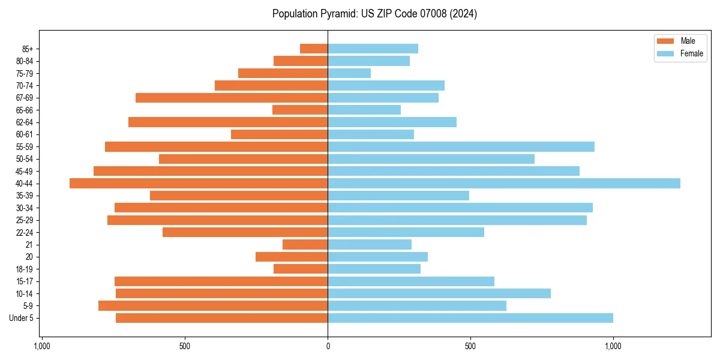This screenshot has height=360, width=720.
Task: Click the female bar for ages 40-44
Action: click(x=504, y=183)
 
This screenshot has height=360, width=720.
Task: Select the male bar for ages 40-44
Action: click(x=199, y=183)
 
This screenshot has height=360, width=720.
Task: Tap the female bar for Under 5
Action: click(x=470, y=318)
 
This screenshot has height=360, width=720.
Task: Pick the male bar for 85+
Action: click(x=314, y=49)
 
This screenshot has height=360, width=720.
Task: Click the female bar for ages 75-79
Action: click(x=349, y=73)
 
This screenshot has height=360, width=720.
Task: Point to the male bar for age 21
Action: click(x=305, y=245)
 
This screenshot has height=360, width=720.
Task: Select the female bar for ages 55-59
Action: click(x=461, y=146)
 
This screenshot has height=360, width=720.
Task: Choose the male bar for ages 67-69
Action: click(x=232, y=98)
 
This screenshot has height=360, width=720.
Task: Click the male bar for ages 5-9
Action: click(x=213, y=306)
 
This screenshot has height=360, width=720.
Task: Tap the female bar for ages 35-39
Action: click(x=398, y=196)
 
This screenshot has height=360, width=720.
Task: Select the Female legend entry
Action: click(x=680, y=53)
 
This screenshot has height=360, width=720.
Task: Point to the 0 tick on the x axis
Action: click(x=328, y=346)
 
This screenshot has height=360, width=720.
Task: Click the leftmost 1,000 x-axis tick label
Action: click(x=41, y=346)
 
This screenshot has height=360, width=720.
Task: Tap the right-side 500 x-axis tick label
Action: click(x=470, y=346)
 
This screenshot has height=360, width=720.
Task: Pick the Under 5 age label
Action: click(x=22, y=318)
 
